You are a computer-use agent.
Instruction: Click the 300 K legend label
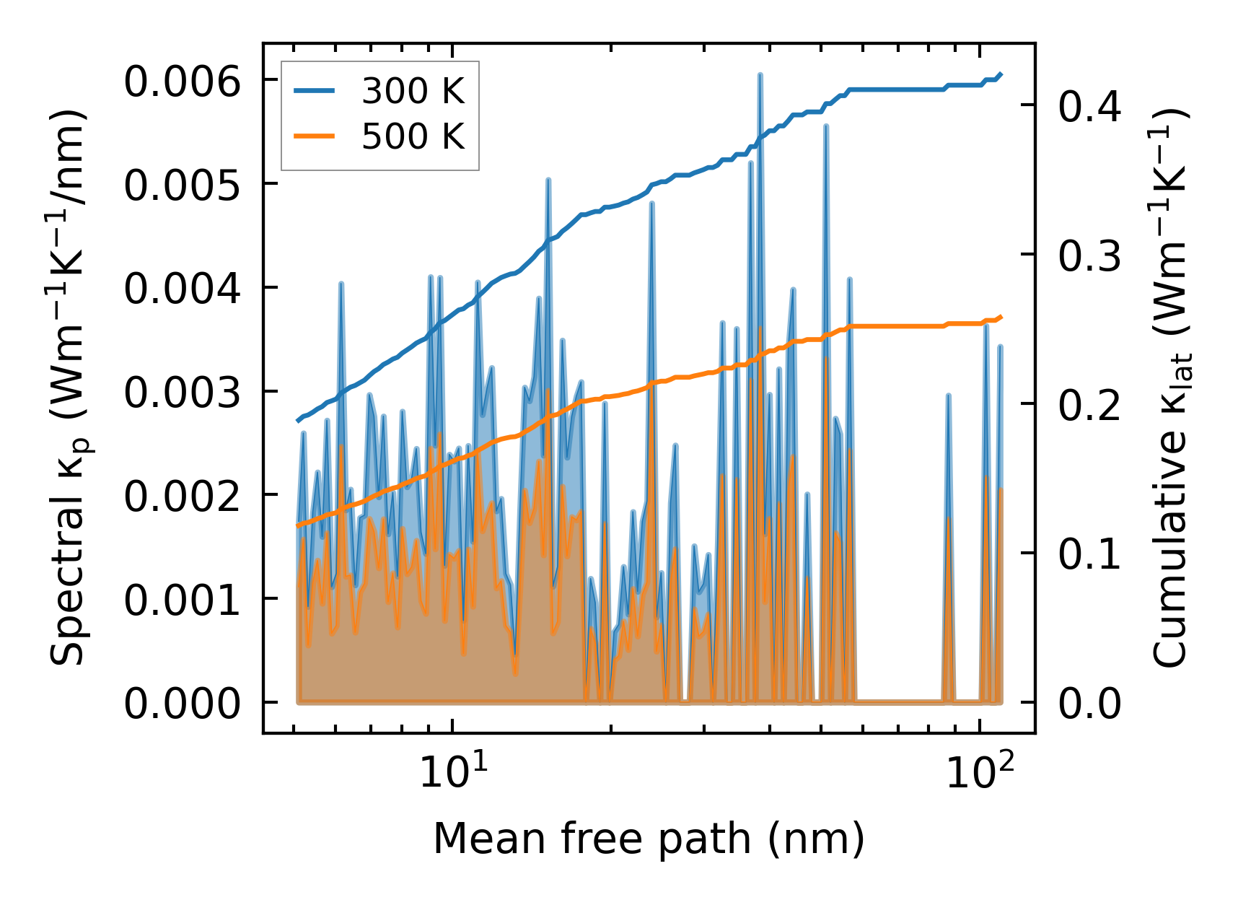click(413, 92)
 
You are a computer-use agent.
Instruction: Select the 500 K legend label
click(413, 136)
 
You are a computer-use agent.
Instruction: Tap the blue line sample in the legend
click(314, 92)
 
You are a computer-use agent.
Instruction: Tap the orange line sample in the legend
click(314, 136)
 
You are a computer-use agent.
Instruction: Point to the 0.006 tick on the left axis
click(182, 82)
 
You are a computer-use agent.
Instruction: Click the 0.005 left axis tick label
click(182, 185)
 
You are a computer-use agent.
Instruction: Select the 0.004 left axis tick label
click(182, 289)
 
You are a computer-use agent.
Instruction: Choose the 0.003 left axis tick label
click(182, 393)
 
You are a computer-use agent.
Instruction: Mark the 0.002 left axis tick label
click(182, 497)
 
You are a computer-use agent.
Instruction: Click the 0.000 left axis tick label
click(182, 704)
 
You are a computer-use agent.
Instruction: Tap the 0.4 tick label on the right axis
click(1089, 106)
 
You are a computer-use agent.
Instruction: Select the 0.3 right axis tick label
click(1089, 255)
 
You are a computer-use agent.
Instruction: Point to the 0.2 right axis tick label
click(1089, 405)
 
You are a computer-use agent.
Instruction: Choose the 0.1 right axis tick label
click(1089, 554)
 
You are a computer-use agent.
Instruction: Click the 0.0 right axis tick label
click(1089, 704)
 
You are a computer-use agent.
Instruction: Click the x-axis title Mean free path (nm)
click(648, 839)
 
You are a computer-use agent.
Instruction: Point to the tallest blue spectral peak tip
click(760, 74)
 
